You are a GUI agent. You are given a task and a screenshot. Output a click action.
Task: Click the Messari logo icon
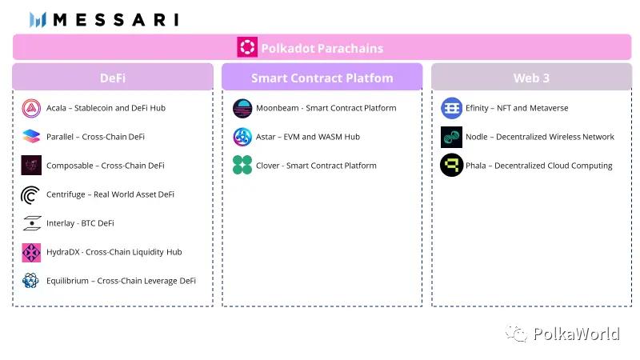coord(38,19)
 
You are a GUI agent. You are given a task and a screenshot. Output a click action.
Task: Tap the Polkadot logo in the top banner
coord(247,47)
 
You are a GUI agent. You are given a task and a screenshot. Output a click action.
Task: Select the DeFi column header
coord(113,77)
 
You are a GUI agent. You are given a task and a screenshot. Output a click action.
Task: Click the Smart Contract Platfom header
coord(322,77)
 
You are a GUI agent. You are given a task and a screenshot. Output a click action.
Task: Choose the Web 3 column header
coord(531,77)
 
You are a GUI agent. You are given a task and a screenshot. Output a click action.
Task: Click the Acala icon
coord(31,108)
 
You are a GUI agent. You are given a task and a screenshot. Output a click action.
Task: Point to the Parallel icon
coord(31,136)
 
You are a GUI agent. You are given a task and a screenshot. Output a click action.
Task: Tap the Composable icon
coord(31,166)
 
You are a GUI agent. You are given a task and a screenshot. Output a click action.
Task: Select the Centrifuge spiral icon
coord(30,194)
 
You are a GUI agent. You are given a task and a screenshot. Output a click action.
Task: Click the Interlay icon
coord(32,223)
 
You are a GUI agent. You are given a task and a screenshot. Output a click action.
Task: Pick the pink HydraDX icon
coord(31,252)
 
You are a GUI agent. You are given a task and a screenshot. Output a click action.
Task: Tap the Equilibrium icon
coord(30,281)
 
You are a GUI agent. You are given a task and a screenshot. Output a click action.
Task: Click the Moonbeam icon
coord(242,108)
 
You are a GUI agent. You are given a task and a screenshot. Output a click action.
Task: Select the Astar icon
coord(242,137)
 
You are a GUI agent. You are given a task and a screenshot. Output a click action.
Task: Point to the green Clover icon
coord(242,165)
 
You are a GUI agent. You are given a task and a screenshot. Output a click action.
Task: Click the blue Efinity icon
coord(451,108)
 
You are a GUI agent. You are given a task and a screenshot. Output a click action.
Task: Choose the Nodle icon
coord(451,137)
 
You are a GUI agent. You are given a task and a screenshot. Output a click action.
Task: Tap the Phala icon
coord(451,165)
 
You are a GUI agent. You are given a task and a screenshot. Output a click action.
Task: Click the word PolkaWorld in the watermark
coord(576,334)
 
